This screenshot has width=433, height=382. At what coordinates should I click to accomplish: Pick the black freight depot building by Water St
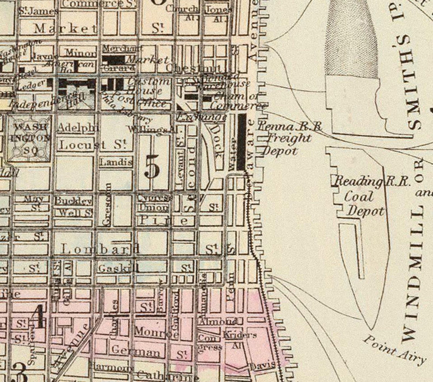(x=242, y=142)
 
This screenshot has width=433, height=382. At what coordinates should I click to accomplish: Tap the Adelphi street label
(x=78, y=127)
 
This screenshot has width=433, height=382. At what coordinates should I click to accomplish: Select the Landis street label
(x=116, y=162)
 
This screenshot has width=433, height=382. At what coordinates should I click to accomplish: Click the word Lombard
(x=100, y=249)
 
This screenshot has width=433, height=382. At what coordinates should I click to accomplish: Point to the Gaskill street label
(x=118, y=268)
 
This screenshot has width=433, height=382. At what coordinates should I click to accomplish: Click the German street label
(x=136, y=350)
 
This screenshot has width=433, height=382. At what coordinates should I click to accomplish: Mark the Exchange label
(x=202, y=117)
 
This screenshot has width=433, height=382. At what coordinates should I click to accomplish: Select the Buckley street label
(x=73, y=201)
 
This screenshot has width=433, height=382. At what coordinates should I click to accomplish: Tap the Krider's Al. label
(x=240, y=338)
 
